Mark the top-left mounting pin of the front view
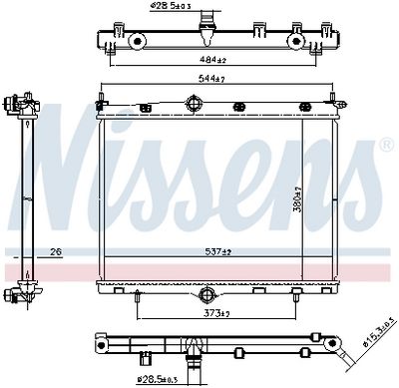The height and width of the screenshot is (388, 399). (101, 98)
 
